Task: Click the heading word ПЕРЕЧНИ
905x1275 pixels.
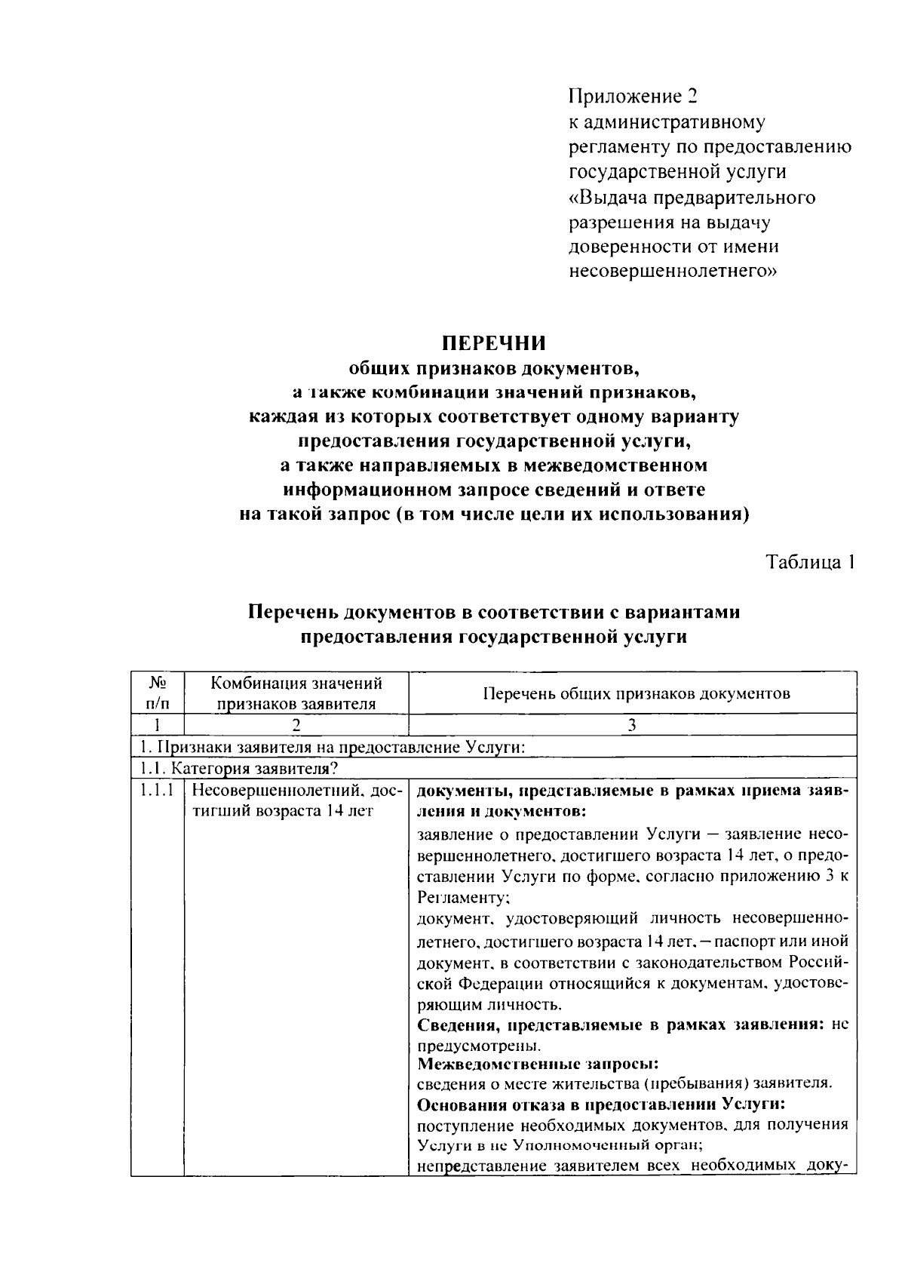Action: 493,343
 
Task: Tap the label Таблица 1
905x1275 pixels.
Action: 810,562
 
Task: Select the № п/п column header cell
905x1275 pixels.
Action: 157,693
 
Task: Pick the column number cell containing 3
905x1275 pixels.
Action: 632,725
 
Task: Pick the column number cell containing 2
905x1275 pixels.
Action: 296,725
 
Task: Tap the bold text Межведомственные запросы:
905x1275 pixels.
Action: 538,1064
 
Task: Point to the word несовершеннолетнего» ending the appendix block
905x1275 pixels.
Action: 672,271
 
